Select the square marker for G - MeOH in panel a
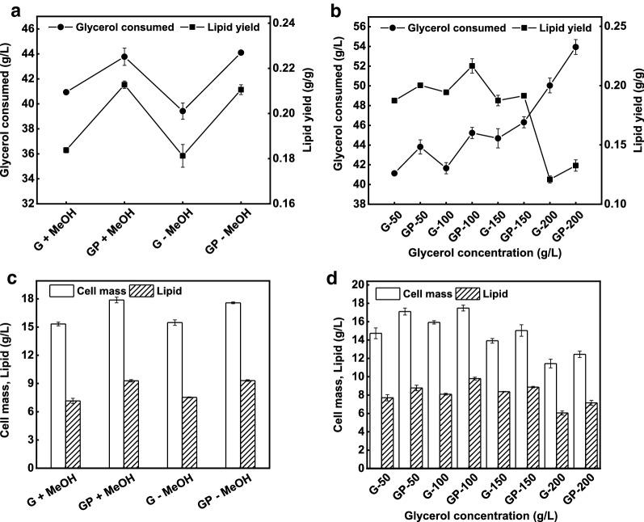pyautogui.click(x=183, y=155)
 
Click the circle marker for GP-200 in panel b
pyautogui.click(x=575, y=47)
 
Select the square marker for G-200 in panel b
pyautogui.click(x=549, y=179)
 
